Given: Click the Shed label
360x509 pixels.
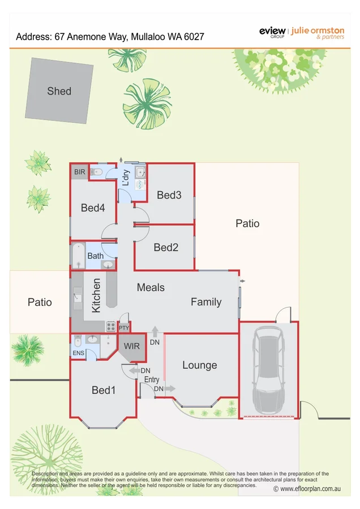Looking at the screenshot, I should [59, 90].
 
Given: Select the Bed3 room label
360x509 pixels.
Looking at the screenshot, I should [169, 195].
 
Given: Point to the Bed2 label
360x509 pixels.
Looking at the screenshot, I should [166, 247].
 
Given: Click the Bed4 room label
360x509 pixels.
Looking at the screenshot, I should [93, 208].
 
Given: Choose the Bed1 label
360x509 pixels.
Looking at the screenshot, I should [104, 390].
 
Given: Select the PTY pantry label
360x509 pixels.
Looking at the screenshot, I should [124, 327].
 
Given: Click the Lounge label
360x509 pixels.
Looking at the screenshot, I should [199, 365].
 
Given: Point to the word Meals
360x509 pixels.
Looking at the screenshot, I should [151, 287].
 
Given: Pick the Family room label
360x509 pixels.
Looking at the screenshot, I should [206, 302].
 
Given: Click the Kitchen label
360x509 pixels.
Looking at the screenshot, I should [96, 295].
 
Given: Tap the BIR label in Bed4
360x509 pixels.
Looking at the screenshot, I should [79, 171].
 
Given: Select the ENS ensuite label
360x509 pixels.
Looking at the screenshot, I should [79, 353].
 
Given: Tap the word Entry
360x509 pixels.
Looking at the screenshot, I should [152, 379].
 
